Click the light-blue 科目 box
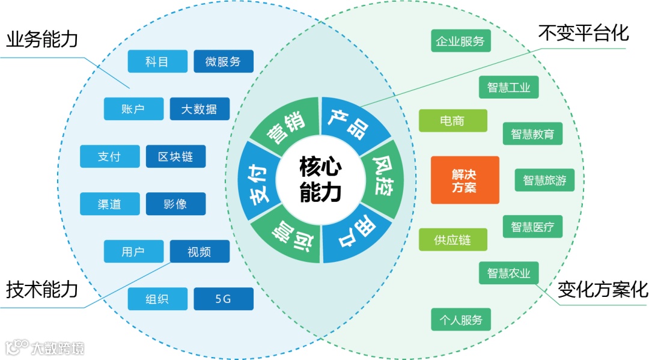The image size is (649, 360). pyautogui.click(x=157, y=61)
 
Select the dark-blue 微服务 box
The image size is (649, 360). pyautogui.click(x=224, y=61)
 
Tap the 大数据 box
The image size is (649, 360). pyautogui.click(x=200, y=109)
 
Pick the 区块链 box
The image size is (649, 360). pyautogui.click(x=175, y=156)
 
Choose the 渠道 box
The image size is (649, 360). pyautogui.click(x=109, y=204)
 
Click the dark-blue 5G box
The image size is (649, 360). pyautogui.click(x=224, y=299)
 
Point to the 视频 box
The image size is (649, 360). pyautogui.click(x=200, y=251)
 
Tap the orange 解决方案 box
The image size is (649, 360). pyautogui.click(x=465, y=180)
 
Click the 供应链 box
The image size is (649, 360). pyautogui.click(x=452, y=240)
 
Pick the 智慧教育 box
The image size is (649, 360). pyautogui.click(x=532, y=133)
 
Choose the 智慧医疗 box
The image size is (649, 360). pyautogui.click(x=532, y=227)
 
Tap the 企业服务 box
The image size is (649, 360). pyautogui.click(x=461, y=41)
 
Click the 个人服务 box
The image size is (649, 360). pyautogui.click(x=461, y=319)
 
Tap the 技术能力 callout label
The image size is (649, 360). pyautogui.click(x=42, y=290)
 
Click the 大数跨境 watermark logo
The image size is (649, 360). pyautogui.click(x=45, y=347)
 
